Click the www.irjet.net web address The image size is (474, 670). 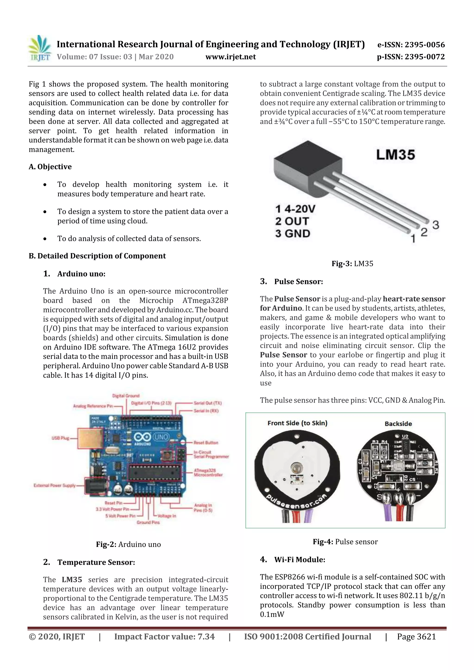point(231,57)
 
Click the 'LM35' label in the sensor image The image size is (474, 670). point(395,155)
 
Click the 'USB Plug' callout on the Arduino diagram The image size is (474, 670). point(60,438)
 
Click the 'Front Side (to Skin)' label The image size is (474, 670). point(297,423)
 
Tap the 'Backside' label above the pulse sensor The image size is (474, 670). point(398,424)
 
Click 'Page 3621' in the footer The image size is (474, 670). point(416,637)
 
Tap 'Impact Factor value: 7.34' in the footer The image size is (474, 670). point(164,637)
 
